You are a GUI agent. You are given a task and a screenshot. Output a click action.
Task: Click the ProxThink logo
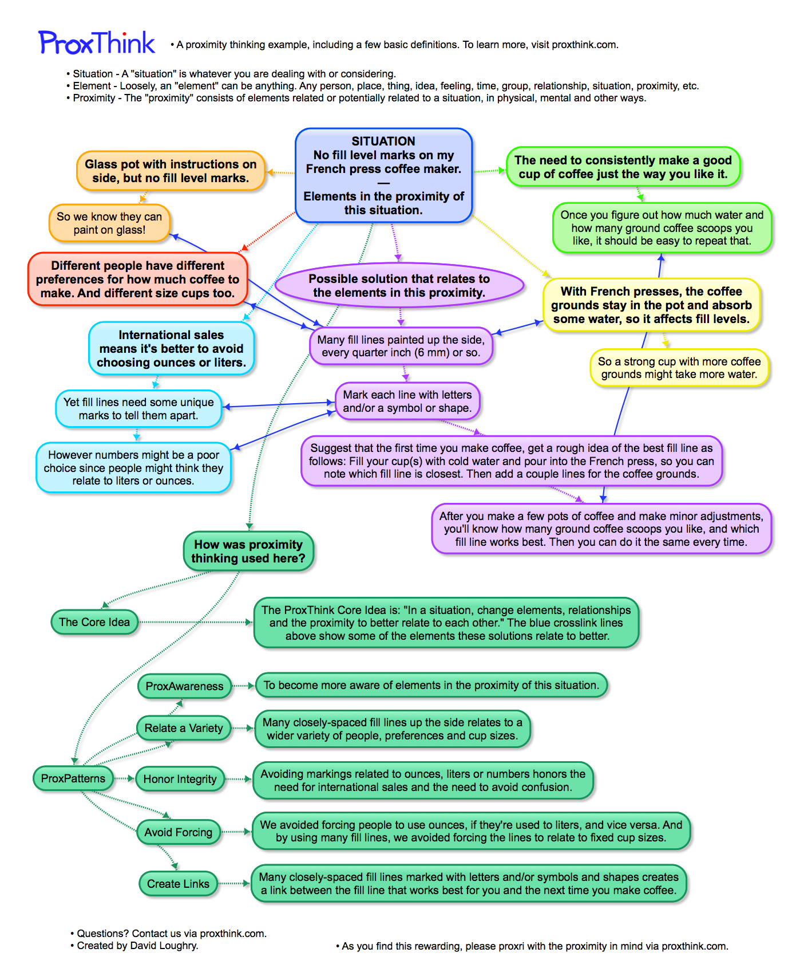(97, 43)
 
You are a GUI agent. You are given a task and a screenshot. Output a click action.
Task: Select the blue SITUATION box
(383, 175)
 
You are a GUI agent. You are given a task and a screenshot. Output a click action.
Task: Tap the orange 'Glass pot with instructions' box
(171, 171)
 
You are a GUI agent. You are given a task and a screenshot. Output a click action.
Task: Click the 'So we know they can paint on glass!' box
(109, 223)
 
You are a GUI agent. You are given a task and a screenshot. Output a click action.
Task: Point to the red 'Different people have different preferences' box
(137, 280)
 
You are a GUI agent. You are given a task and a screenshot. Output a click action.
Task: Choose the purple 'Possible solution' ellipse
(399, 286)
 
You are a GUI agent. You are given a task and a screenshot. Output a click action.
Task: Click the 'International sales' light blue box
(171, 349)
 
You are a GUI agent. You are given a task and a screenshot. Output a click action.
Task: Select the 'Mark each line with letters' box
(407, 402)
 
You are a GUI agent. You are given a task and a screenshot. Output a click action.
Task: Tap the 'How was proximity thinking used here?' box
(248, 552)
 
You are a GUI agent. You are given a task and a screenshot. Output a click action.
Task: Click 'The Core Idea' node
(94, 622)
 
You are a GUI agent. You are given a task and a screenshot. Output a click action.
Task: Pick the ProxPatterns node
(73, 778)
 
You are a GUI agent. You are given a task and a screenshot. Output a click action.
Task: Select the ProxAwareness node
(184, 686)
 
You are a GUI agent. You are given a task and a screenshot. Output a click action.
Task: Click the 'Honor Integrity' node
(180, 779)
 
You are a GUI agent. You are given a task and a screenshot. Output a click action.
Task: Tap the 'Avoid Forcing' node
(178, 832)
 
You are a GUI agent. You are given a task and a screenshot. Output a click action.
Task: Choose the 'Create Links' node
(178, 884)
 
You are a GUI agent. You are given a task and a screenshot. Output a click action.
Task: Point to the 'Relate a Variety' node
(183, 728)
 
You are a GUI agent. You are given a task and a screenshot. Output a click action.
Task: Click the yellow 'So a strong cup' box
(679, 368)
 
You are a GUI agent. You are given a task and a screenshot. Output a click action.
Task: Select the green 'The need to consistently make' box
(623, 167)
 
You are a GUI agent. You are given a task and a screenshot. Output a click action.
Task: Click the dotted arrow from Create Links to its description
(234, 884)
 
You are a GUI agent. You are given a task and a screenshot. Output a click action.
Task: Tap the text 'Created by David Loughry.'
(137, 946)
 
